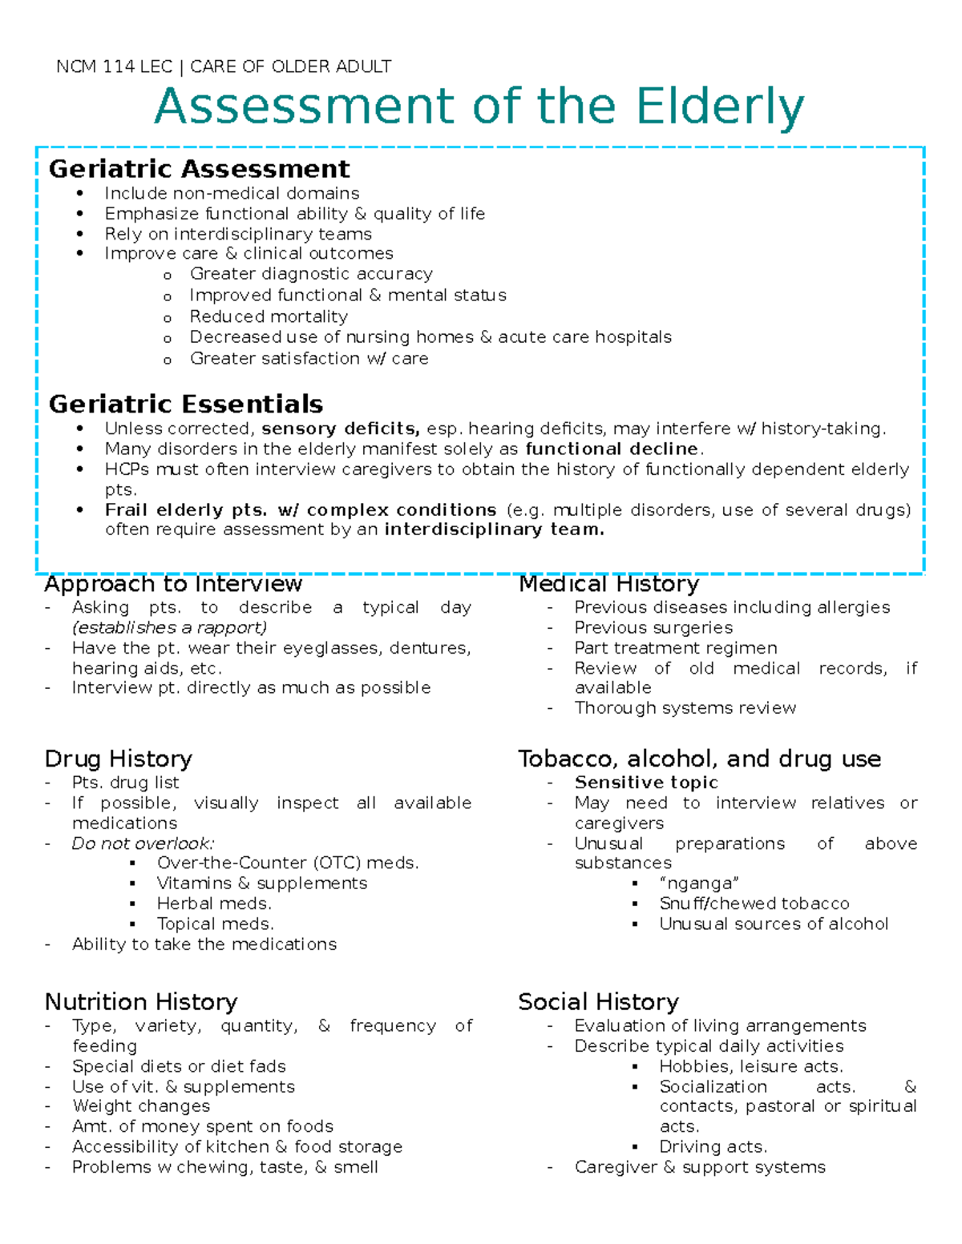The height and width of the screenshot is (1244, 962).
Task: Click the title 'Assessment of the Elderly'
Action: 479,107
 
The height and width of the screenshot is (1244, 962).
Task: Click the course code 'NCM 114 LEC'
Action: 114,66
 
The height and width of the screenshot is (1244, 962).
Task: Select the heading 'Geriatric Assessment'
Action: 199,169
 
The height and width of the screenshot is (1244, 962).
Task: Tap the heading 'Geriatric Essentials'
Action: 185,404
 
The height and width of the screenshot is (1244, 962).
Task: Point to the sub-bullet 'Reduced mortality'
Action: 269,316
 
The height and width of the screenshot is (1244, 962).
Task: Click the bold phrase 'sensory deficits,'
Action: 341,429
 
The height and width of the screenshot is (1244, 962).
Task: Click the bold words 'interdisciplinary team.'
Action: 494,529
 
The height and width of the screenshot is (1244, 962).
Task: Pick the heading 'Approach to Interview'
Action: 173,584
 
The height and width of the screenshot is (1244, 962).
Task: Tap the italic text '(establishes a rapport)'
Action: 169,627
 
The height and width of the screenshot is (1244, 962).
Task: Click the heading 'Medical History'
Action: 608,584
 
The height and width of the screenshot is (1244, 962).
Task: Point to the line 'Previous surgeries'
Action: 653,627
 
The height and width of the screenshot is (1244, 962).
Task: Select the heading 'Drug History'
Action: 119,759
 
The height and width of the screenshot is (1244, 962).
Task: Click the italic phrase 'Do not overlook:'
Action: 143,843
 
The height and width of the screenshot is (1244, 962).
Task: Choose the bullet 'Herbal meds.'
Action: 214,904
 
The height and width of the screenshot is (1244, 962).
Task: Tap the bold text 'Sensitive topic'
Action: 646,783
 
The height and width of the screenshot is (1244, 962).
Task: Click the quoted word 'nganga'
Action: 699,884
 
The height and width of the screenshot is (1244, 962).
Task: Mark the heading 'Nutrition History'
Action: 141,1002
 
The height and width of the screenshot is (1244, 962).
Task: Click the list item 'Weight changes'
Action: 141,1106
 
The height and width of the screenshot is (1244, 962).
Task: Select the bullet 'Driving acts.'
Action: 713,1147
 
